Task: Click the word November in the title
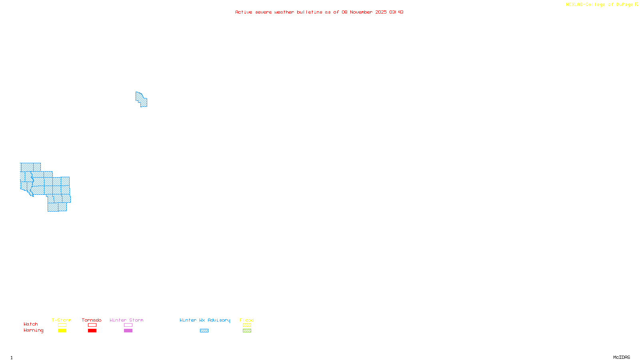coord(362,12)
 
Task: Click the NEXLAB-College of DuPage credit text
coord(599,4)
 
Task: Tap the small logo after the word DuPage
coord(636,4)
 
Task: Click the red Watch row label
coord(31,324)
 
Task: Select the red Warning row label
coord(34,330)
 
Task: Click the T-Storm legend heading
coord(62,320)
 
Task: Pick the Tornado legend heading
coord(92,320)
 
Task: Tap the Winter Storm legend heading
coord(126,320)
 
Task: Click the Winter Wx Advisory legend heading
coord(205,320)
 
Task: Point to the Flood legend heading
coord(247,320)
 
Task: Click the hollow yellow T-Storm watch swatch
coord(62,325)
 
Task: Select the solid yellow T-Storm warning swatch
coord(62,331)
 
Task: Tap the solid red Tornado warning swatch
coord(92,331)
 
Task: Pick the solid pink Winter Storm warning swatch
coord(128,331)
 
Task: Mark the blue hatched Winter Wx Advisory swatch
coord(204,331)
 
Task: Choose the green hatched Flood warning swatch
coord(247,331)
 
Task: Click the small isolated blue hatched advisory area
coord(141,99)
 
